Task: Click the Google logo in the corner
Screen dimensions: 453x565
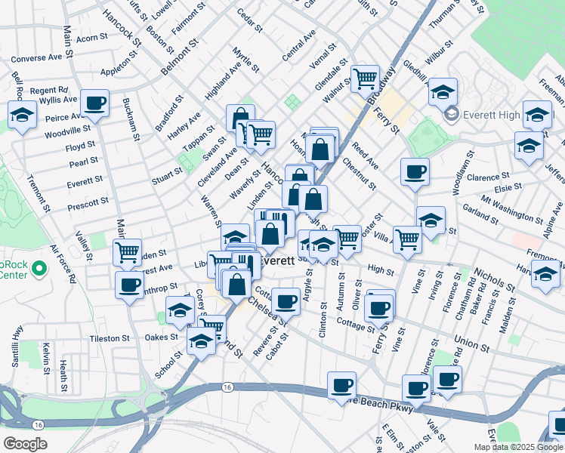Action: [26, 444]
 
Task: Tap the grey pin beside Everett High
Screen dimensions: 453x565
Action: [452, 115]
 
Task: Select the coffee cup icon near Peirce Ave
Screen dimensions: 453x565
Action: [95, 103]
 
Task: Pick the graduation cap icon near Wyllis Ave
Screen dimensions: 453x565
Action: [23, 116]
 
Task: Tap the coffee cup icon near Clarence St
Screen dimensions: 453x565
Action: [415, 171]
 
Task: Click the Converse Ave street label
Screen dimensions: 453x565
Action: [37, 57]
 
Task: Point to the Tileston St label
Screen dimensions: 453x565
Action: [109, 338]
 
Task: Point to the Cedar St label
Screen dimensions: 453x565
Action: [249, 20]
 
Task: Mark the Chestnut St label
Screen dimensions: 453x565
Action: [359, 174]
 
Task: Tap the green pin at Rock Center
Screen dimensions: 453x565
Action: [39, 267]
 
